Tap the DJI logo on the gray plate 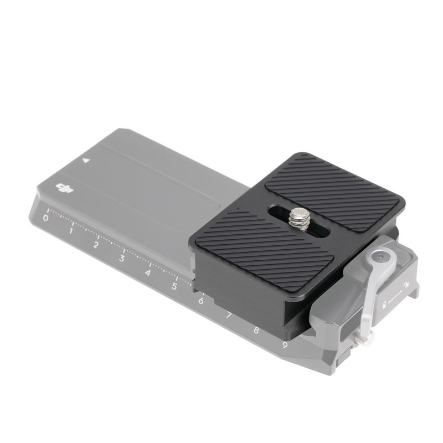click(x=65, y=190)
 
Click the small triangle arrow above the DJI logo click(x=86, y=161)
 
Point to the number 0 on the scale click(x=45, y=218)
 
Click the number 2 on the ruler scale click(x=96, y=244)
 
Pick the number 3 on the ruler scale click(x=122, y=258)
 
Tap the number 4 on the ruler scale click(x=148, y=272)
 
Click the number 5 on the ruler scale click(x=174, y=286)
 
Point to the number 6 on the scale click(x=201, y=301)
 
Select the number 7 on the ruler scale click(x=228, y=316)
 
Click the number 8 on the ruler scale click(x=256, y=331)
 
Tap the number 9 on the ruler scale click(x=285, y=346)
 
